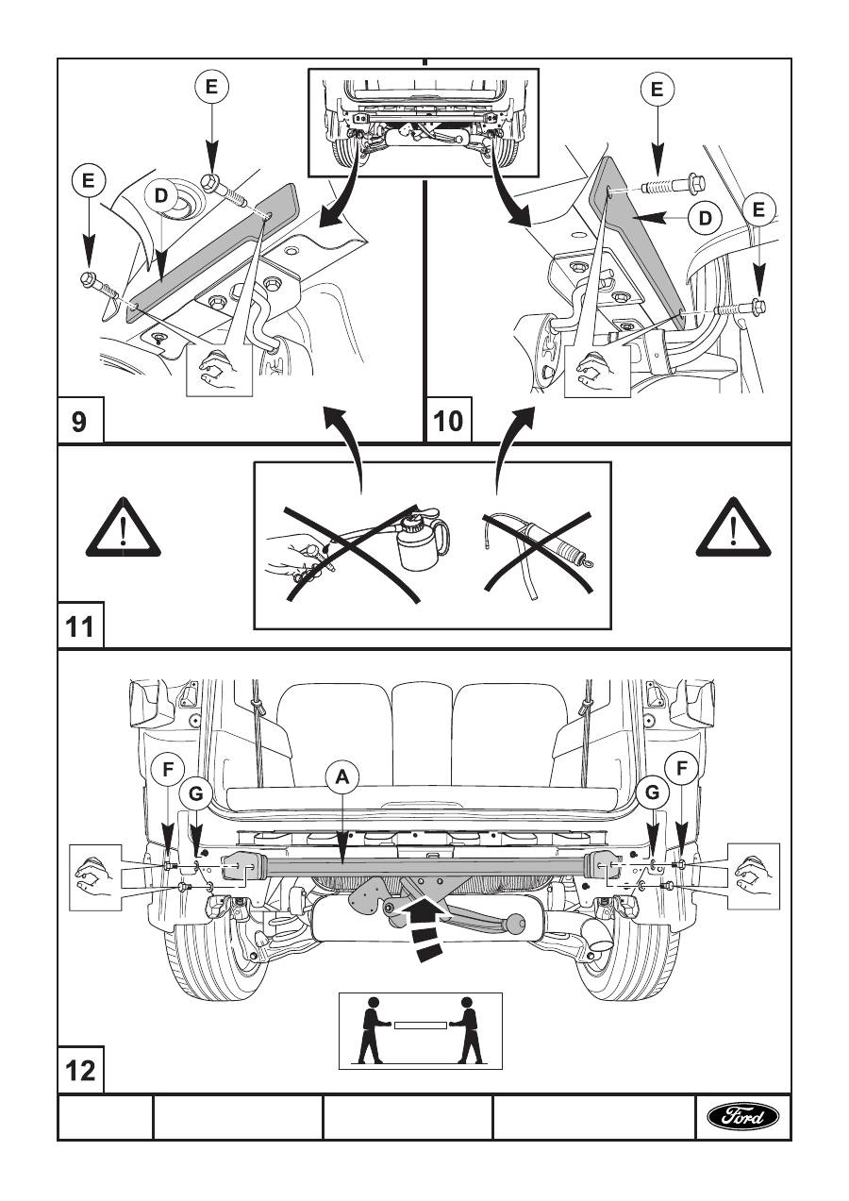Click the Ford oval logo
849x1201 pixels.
click(x=743, y=1117)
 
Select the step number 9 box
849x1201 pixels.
click(x=79, y=421)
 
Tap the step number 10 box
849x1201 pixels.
click(x=449, y=421)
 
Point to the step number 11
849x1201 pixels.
click(x=80, y=626)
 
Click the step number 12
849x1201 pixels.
click(x=80, y=1072)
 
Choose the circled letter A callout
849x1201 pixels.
click(x=342, y=776)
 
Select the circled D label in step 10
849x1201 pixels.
click(x=704, y=218)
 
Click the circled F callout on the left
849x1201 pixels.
click(x=167, y=769)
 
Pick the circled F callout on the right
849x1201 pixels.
click(x=681, y=769)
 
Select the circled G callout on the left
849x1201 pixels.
click(x=195, y=794)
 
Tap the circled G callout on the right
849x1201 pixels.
click(x=653, y=794)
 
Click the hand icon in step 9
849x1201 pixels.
click(x=220, y=368)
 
